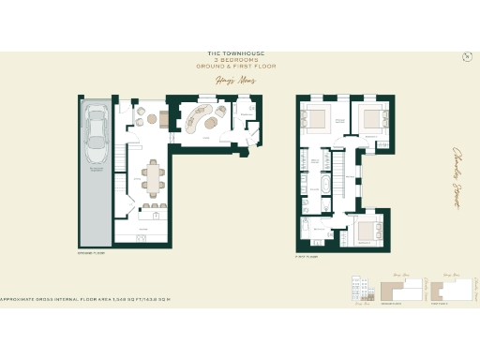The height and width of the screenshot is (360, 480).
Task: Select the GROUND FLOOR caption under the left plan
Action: pos(89,253)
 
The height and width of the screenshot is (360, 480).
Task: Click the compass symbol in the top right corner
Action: pos(467,58)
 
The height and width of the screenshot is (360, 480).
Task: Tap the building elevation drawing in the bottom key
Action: pos(356,290)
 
